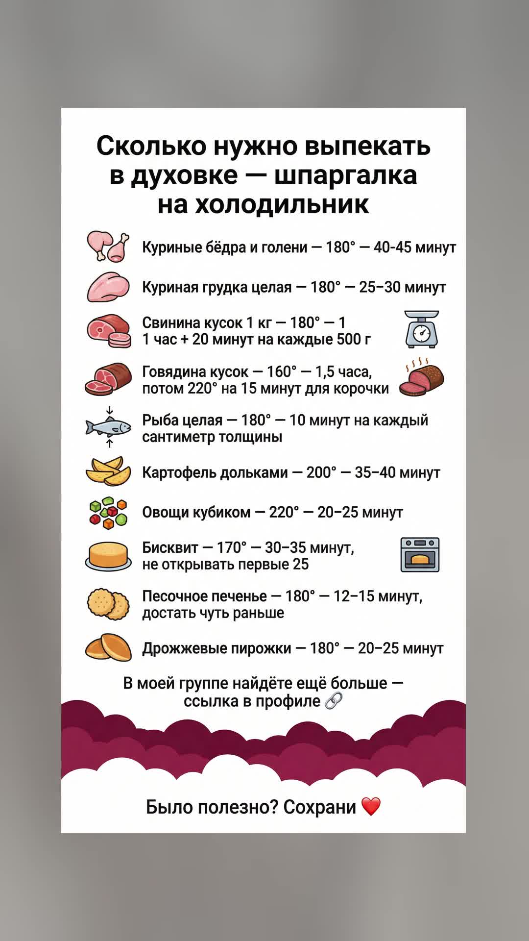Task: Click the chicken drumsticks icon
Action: tap(108, 247)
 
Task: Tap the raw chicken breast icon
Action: tap(108, 287)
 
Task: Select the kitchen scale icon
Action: tap(421, 329)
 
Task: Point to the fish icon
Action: tap(108, 427)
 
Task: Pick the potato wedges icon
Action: tap(108, 471)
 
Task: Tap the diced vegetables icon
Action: tap(108, 513)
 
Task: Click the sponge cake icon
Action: tap(108, 556)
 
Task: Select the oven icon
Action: tap(420, 555)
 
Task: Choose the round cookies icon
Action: tap(108, 604)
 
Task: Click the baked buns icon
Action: tap(108, 647)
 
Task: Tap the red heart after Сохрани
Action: tap(371, 807)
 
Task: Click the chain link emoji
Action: tap(334, 701)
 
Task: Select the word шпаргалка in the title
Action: tap(345, 175)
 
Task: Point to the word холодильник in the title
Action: tap(282, 204)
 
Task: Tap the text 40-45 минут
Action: tap(414, 247)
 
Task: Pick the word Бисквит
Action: tap(170, 547)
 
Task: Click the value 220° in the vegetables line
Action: tap(284, 512)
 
